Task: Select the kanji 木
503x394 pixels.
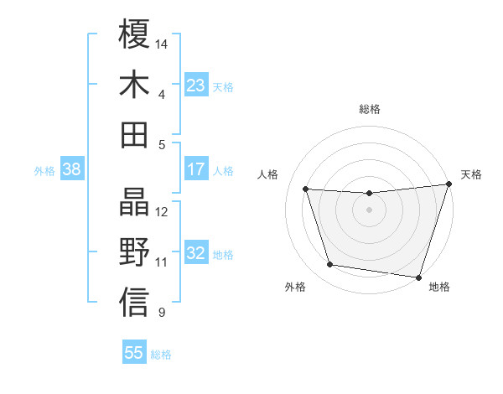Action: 134,84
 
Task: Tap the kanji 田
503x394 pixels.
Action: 134,134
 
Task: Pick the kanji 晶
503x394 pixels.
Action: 134,201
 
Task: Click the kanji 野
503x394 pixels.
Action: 134,251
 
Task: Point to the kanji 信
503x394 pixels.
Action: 134,302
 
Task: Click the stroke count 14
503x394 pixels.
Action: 163,43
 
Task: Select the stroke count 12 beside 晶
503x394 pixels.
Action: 163,211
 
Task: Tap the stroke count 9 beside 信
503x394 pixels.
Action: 161,313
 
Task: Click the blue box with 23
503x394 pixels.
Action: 196,85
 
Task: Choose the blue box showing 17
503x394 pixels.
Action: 196,169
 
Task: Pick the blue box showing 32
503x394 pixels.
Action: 196,253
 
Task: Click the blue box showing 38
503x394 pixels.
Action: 71,169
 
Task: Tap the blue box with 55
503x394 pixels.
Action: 134,353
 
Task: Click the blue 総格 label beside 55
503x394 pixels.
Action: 161,354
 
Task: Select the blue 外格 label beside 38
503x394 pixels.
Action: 44,170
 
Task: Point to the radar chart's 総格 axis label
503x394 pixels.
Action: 370,109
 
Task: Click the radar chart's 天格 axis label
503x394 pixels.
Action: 471,174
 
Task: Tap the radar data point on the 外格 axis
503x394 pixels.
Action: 330,265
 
